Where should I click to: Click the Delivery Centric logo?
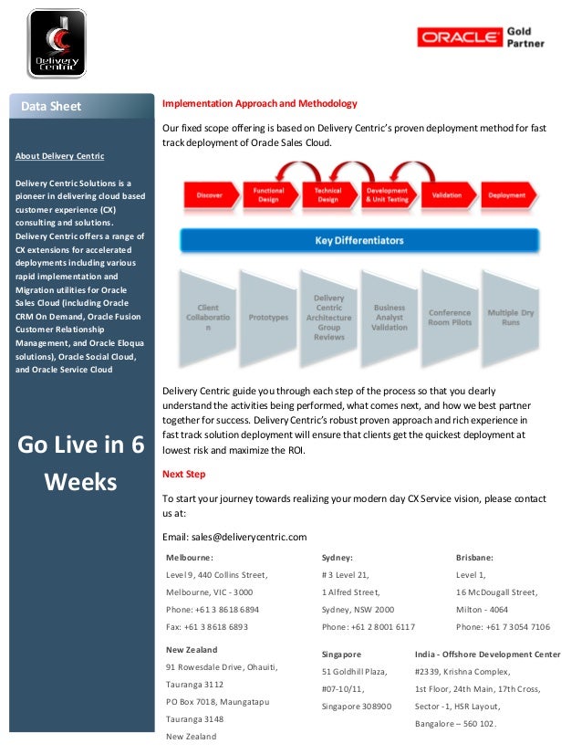click(x=57, y=43)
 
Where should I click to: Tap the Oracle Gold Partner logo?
click(x=480, y=37)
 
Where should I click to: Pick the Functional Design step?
click(x=268, y=195)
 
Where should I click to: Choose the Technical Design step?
click(x=327, y=195)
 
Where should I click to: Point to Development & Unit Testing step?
click(x=386, y=195)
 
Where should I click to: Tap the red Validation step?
click(x=446, y=195)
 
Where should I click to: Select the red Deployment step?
click(x=506, y=195)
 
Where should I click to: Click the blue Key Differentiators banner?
click(x=359, y=241)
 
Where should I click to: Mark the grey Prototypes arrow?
click(x=268, y=318)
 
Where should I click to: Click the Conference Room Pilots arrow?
click(x=450, y=318)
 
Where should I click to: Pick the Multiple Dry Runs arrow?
click(x=510, y=318)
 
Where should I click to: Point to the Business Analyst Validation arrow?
click(x=390, y=318)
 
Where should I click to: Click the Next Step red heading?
click(x=183, y=474)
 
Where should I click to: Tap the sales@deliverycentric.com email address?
click(x=248, y=536)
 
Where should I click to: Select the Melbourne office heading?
click(x=190, y=557)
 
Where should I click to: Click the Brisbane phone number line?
click(x=503, y=627)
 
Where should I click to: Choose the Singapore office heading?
click(x=342, y=655)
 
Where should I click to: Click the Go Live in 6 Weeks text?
click(x=81, y=463)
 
